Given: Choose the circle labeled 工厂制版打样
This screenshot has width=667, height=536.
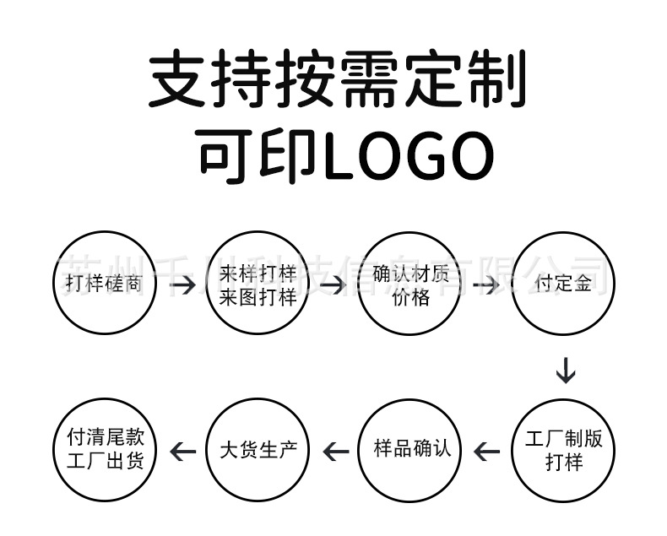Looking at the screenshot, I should tap(564, 451).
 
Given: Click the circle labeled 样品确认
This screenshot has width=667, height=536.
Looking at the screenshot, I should tap(411, 451).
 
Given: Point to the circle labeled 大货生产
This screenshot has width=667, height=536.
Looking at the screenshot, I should tap(258, 451).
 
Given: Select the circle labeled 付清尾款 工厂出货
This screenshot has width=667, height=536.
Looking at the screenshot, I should tap(104, 451).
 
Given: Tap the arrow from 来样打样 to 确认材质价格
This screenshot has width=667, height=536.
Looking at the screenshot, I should tap(333, 285).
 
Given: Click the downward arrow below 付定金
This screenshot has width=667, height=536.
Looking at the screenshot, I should tap(565, 370).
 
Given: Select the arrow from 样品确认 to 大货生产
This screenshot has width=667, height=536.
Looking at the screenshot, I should tap(335, 452).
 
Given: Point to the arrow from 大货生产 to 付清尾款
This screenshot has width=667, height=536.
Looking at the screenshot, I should tap(182, 452).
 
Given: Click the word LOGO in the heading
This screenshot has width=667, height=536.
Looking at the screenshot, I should tap(409, 156).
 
